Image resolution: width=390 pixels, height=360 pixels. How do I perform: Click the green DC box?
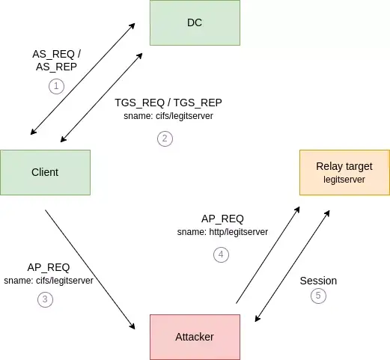[x=195, y=22]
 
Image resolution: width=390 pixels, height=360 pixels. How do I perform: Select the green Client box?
[x=45, y=172]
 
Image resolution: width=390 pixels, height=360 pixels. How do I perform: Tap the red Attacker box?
[x=195, y=337]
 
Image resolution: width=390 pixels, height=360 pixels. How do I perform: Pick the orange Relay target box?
[x=344, y=172]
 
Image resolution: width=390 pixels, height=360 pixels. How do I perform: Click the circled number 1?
[x=56, y=86]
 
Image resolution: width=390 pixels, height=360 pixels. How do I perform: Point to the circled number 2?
[x=165, y=138]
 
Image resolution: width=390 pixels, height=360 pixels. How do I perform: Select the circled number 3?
[x=45, y=299]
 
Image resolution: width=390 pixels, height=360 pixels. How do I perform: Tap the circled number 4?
[x=221, y=254]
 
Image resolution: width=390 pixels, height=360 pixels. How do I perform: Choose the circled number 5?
[x=318, y=296]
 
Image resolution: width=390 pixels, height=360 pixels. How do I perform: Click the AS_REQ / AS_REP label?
[x=56, y=61]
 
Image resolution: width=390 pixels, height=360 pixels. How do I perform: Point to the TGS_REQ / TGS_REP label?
[x=168, y=103]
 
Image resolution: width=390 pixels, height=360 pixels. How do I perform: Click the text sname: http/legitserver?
[x=222, y=232]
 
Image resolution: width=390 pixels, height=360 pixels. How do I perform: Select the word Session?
[x=318, y=281]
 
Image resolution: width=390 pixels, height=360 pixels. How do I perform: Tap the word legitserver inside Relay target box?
[x=344, y=180]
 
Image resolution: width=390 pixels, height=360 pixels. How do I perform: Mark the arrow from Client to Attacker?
[x=90, y=269]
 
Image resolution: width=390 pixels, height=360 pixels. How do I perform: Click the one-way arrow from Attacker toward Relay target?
[x=268, y=255]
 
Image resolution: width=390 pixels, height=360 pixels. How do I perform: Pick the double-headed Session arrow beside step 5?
[x=293, y=266]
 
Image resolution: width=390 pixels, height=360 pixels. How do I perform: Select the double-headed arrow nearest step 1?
[x=82, y=79]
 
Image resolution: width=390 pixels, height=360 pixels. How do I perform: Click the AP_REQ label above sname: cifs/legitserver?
[x=49, y=267]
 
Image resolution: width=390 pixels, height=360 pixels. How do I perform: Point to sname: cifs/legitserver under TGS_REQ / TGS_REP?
[x=168, y=116]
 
